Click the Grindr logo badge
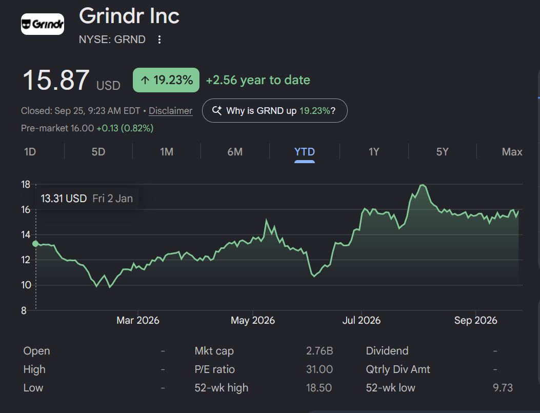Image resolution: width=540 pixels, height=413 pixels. (43, 24)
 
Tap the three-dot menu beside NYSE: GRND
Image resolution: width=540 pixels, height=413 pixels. (159, 40)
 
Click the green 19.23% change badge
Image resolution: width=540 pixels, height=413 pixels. (166, 80)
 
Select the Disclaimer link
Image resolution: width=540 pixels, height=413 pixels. (170, 111)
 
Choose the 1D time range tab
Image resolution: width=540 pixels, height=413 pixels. (30, 152)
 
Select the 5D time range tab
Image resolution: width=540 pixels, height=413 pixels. (98, 152)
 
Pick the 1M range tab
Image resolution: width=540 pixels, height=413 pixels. (167, 152)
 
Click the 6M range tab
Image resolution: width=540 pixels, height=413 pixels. (235, 152)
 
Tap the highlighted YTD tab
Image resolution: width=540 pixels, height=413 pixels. (305, 152)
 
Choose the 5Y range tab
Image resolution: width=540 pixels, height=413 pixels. (443, 152)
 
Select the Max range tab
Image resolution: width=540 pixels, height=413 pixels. (512, 152)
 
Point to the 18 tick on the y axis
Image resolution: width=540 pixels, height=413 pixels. (26, 185)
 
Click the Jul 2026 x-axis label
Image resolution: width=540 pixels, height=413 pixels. (361, 320)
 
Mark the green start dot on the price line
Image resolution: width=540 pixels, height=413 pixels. (35, 244)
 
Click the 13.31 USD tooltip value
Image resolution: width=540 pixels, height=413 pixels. (64, 199)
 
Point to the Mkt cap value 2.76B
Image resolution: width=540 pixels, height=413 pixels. (319, 350)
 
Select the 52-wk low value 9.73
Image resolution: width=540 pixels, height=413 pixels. (503, 388)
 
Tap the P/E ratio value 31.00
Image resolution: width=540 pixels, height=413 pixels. (319, 369)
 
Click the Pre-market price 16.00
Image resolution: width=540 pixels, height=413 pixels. (82, 128)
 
